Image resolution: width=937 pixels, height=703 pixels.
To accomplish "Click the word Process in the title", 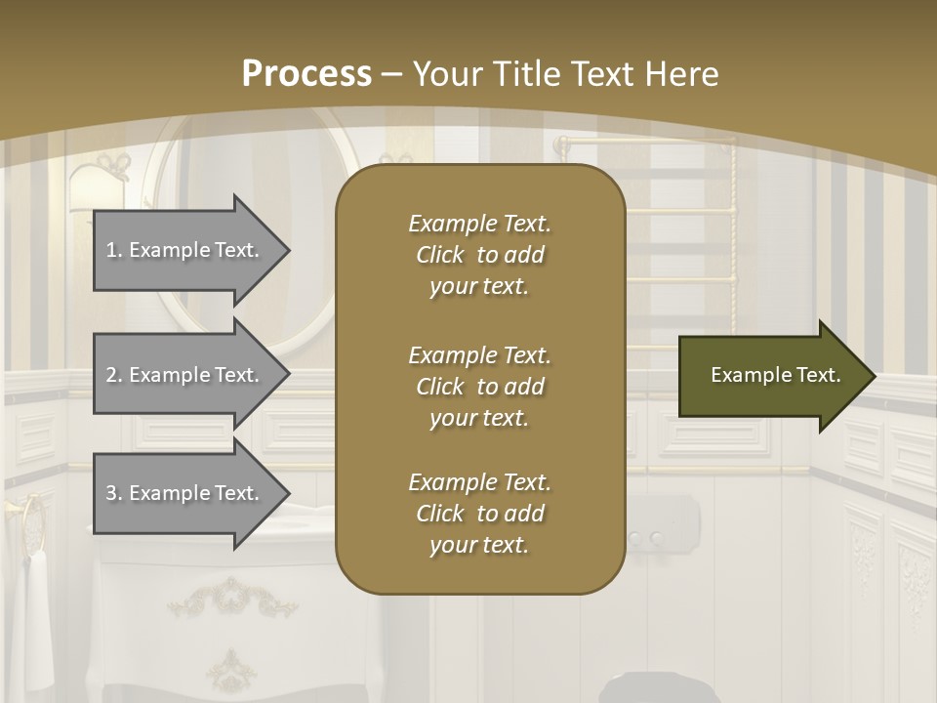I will point(306,73).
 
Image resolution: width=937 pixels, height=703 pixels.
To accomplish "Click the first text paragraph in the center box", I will point(479,255).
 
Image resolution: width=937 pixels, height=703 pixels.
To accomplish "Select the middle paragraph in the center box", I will point(479,386).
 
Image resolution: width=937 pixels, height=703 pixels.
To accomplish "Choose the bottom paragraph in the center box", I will point(479,514).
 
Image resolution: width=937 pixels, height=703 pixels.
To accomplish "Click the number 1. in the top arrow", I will point(114,250).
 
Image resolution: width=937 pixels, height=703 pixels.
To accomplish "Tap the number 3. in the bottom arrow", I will point(114,493).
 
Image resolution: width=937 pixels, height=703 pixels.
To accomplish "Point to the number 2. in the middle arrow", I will point(114,375).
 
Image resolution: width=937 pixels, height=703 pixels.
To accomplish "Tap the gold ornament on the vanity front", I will point(231,598).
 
